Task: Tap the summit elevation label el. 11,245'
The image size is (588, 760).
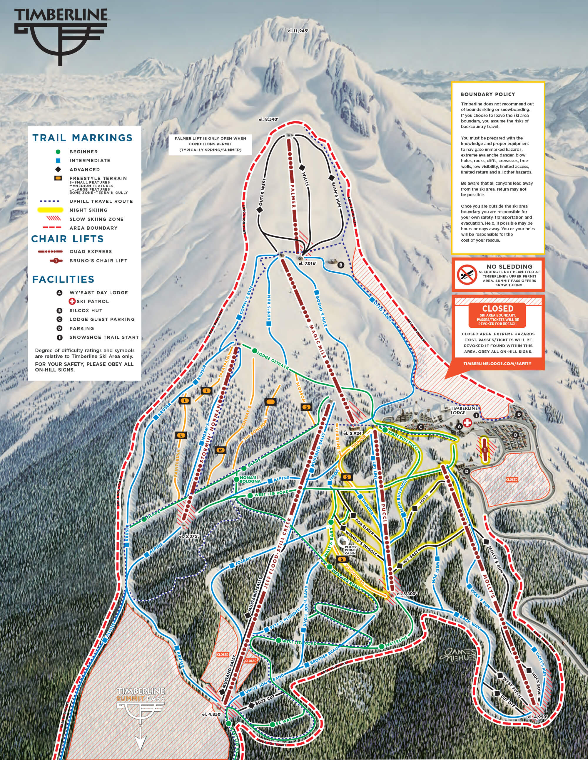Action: tap(298, 31)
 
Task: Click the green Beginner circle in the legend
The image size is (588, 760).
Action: tap(58, 152)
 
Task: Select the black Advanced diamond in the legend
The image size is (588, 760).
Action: tap(58, 169)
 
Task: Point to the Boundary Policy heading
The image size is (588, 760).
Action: tap(488, 94)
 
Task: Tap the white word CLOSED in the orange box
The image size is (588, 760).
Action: tap(497, 309)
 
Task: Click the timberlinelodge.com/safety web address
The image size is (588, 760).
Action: tap(497, 364)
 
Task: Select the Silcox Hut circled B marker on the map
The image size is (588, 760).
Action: tap(341, 265)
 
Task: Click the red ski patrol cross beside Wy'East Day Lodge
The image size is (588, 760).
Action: tap(467, 423)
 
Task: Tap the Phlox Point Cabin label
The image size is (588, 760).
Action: tap(350, 550)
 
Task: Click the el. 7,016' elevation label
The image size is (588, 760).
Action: tap(307, 263)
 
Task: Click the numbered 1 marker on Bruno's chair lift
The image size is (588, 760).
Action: tap(484, 450)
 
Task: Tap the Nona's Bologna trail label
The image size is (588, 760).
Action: tap(250, 480)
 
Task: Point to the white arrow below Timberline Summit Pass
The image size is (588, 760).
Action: tap(140, 741)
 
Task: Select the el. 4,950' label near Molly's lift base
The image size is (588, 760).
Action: tap(537, 717)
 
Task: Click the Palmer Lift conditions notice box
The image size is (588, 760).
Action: tap(211, 144)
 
